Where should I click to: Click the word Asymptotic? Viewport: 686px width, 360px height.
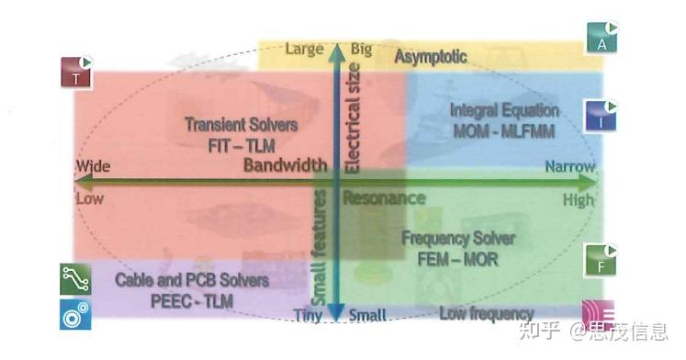click(x=431, y=57)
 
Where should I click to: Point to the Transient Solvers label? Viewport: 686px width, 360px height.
click(x=230, y=124)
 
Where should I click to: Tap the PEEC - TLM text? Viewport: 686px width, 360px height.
click(x=192, y=299)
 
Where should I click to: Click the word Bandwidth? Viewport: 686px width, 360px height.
click(x=286, y=165)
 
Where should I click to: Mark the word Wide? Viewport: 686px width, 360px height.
click(x=93, y=167)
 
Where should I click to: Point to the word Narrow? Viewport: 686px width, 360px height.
click(x=570, y=167)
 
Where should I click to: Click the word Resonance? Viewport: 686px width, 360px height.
click(x=384, y=197)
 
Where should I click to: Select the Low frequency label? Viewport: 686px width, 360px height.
click(x=486, y=314)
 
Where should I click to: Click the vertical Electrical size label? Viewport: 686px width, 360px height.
click(x=354, y=115)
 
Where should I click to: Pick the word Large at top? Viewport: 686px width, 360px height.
click(x=304, y=49)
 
